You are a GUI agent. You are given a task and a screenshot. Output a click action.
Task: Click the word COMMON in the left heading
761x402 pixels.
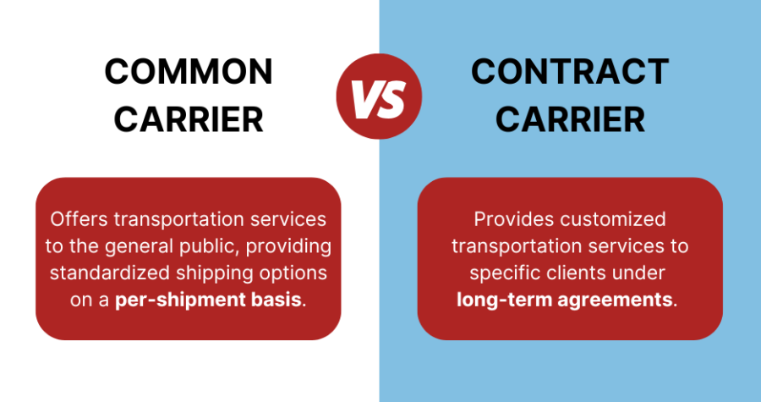click(189, 73)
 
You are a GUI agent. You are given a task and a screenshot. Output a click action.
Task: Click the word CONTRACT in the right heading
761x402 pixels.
click(570, 73)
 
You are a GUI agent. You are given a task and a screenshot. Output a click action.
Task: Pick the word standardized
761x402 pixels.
click(105, 274)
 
